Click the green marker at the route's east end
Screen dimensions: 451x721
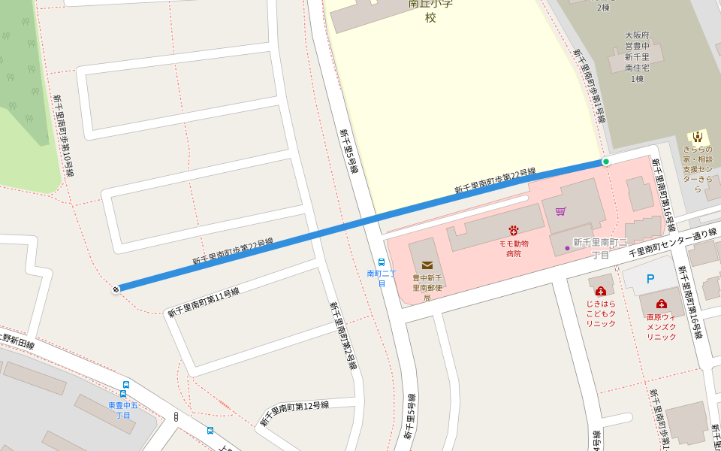[x=606, y=162]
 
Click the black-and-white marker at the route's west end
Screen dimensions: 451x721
[x=116, y=289]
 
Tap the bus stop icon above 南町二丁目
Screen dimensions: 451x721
[x=382, y=262]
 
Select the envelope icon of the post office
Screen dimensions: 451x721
[x=427, y=265]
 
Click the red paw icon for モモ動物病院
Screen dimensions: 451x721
[x=514, y=231]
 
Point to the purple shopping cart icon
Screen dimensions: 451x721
[x=560, y=211]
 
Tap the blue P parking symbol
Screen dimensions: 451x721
[x=650, y=279]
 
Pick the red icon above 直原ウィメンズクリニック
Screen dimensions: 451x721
[x=661, y=304]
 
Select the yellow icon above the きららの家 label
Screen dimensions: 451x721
[x=698, y=137]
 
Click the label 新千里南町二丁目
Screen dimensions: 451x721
[x=600, y=248]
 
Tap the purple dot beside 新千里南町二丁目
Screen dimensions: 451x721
[x=567, y=248]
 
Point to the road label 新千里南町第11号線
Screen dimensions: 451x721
[x=203, y=302]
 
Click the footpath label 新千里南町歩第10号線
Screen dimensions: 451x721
[x=63, y=135]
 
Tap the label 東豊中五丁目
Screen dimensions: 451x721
[x=123, y=410]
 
